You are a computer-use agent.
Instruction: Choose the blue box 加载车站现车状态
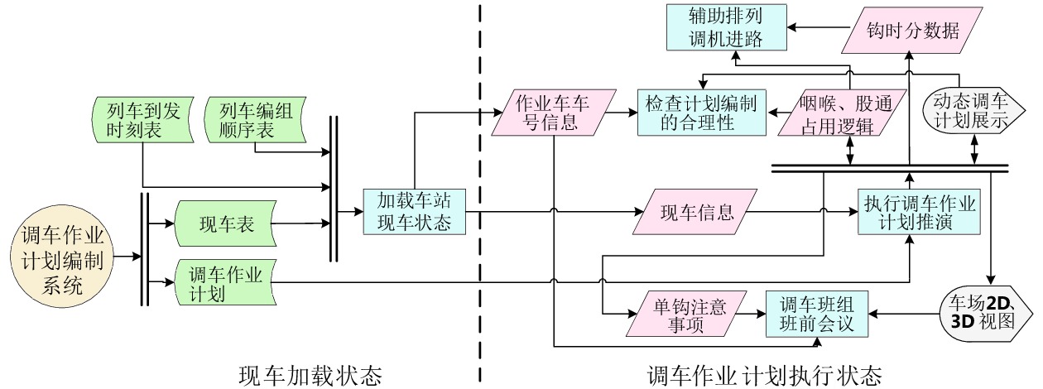click(411, 212)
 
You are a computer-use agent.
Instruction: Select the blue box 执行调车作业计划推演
click(919, 212)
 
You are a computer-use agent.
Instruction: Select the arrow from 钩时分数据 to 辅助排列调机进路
click(819, 28)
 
